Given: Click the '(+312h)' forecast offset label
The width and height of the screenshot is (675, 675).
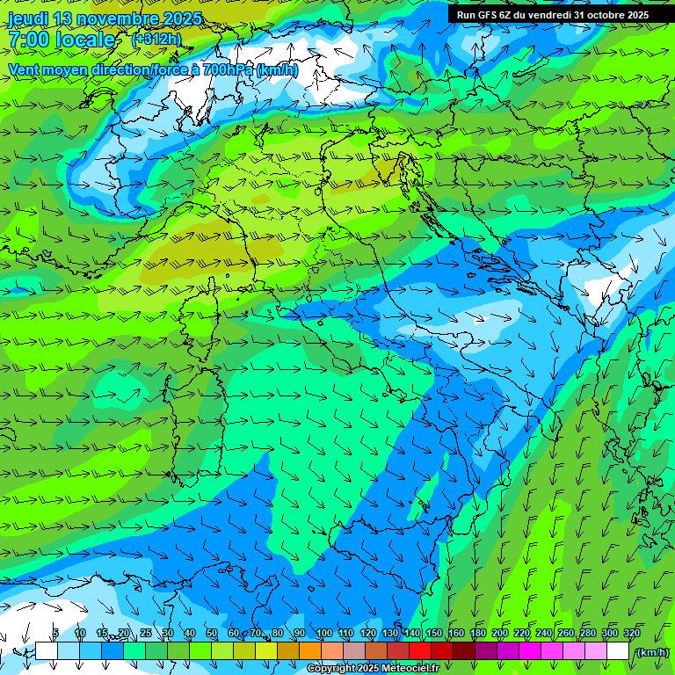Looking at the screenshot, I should (x=156, y=40).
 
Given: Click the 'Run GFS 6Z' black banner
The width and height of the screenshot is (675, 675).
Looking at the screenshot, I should (x=553, y=15).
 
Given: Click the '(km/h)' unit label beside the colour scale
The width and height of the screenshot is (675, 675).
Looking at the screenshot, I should (x=651, y=651).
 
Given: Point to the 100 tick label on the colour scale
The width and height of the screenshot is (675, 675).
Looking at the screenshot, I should (x=323, y=634).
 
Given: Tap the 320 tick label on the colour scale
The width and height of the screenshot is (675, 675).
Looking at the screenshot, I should (x=631, y=634).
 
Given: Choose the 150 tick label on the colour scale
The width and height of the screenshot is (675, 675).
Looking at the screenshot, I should (x=433, y=634).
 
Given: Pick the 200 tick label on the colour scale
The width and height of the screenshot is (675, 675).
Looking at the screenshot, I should (x=499, y=634).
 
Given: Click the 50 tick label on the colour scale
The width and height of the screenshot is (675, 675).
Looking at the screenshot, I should (x=212, y=634).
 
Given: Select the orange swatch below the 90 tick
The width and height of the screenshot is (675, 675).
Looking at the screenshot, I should (x=309, y=651).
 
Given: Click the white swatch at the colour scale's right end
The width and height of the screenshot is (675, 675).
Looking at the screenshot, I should (x=618, y=651).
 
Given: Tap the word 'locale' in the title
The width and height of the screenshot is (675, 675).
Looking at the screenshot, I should (x=86, y=40).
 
